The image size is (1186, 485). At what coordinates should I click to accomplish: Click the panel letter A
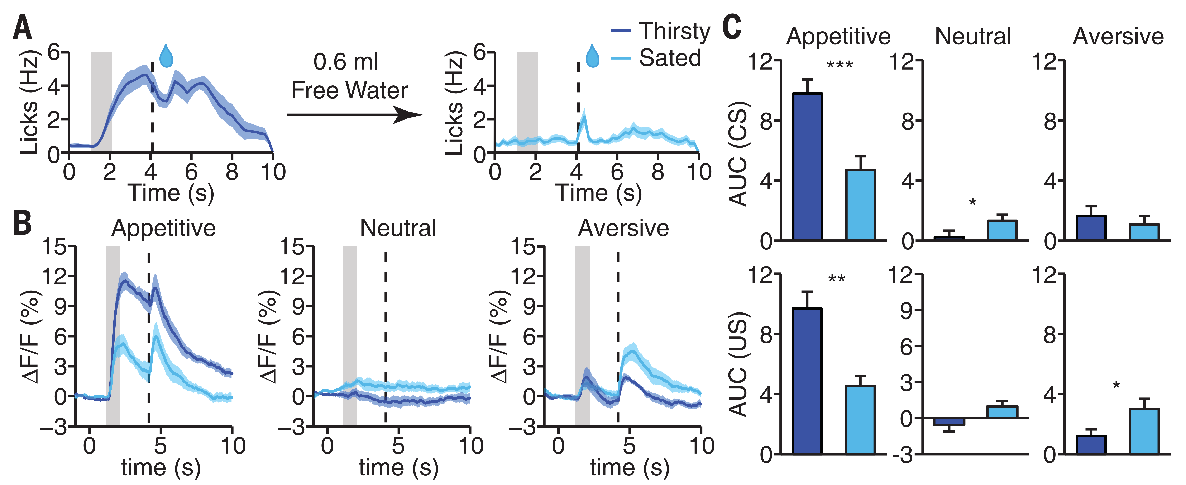click(x=22, y=28)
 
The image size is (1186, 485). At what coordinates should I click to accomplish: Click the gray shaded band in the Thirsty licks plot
click(x=101, y=101)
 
